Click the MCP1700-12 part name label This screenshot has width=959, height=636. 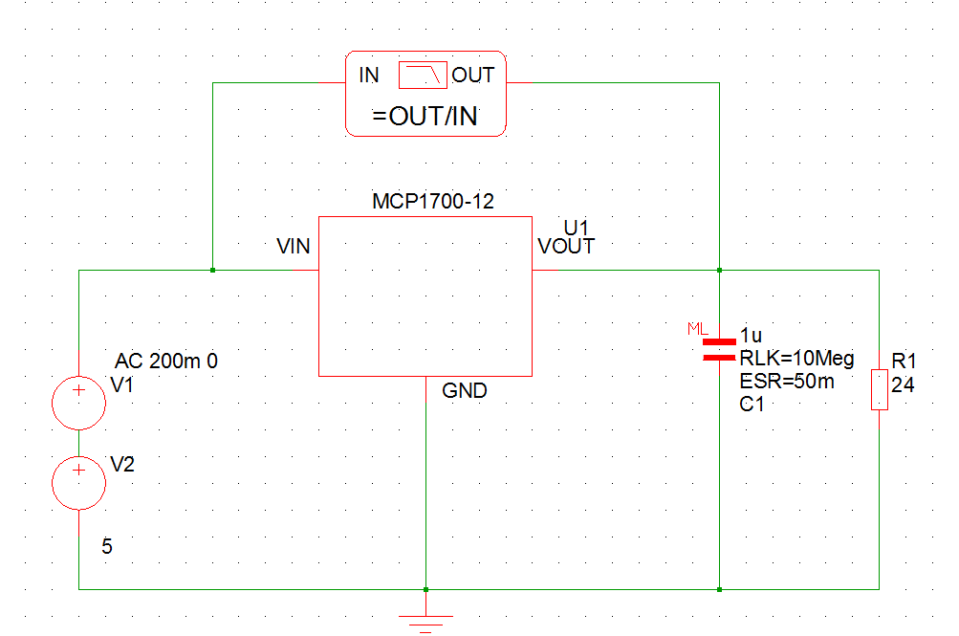click(x=432, y=202)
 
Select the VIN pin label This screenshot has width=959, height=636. click(x=293, y=247)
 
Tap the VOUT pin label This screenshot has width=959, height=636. click(x=566, y=247)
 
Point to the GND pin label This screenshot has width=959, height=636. click(x=465, y=390)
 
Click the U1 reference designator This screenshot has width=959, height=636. click(x=577, y=228)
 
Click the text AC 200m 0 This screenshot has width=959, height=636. click(x=166, y=362)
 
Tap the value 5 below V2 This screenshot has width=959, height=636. click(x=107, y=547)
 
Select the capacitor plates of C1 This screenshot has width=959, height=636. click(x=719, y=349)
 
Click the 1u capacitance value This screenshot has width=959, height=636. click(x=752, y=337)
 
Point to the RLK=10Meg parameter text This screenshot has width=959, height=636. click(x=796, y=359)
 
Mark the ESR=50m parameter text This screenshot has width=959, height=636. click(x=786, y=382)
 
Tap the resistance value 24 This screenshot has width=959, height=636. click(x=903, y=385)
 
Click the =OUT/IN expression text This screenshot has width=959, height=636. click(x=425, y=117)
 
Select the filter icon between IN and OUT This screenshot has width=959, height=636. click(x=423, y=75)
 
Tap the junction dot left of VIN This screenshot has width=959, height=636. click(x=212, y=271)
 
